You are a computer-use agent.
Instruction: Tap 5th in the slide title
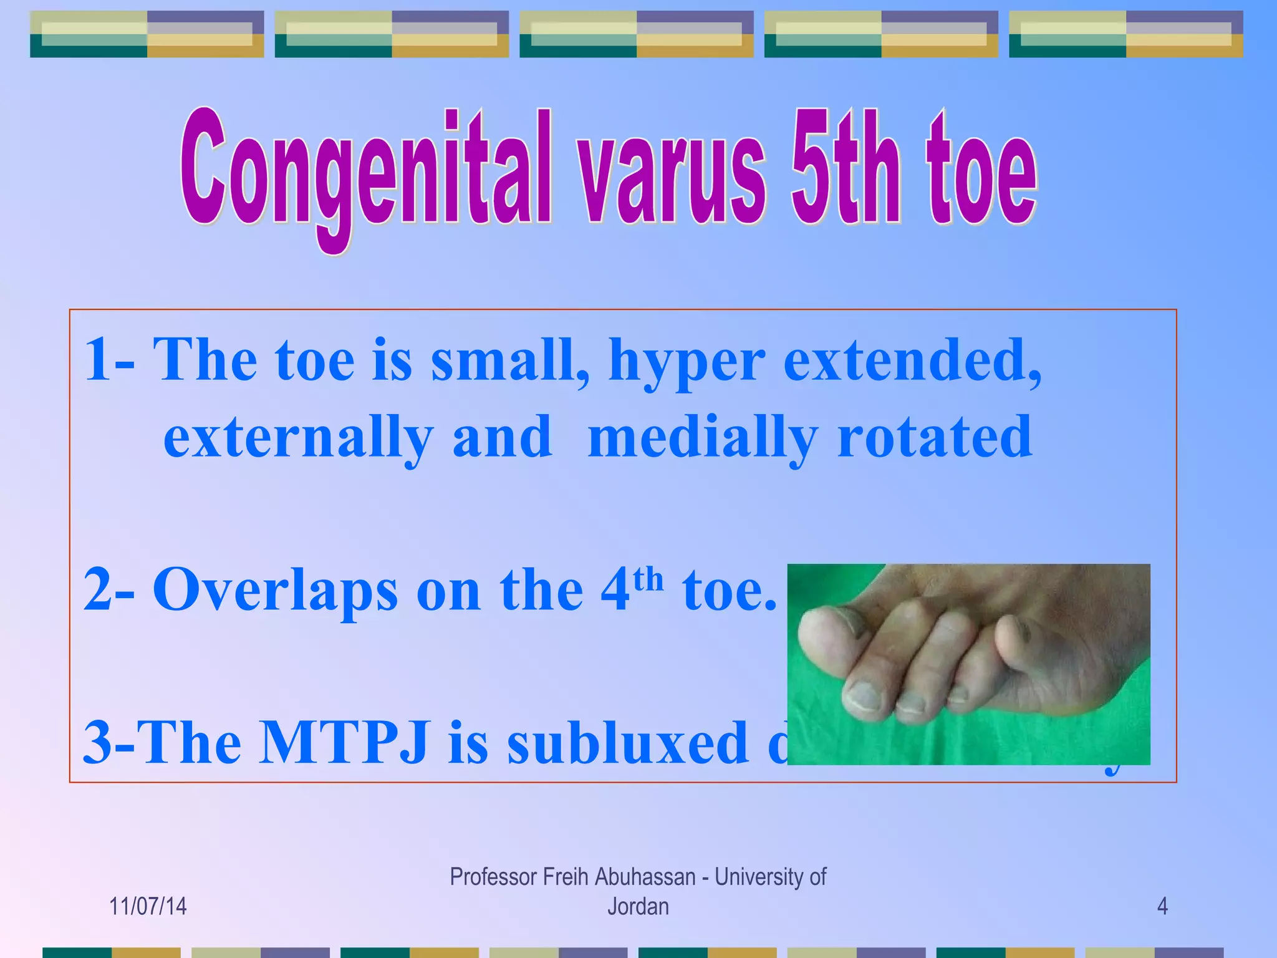pos(845,168)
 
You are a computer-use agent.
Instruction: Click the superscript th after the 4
pos(648,579)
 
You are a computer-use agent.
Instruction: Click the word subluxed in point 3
pos(627,742)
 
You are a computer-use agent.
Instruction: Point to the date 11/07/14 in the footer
pos(148,906)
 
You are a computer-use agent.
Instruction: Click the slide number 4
pos(1162,906)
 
